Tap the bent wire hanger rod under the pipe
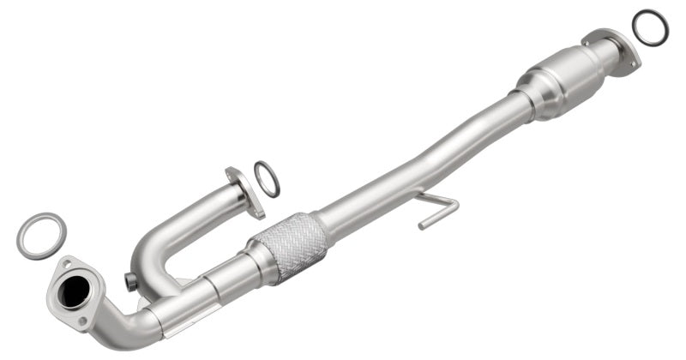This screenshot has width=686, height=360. (437, 208)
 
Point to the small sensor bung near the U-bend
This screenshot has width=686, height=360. (130, 281)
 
